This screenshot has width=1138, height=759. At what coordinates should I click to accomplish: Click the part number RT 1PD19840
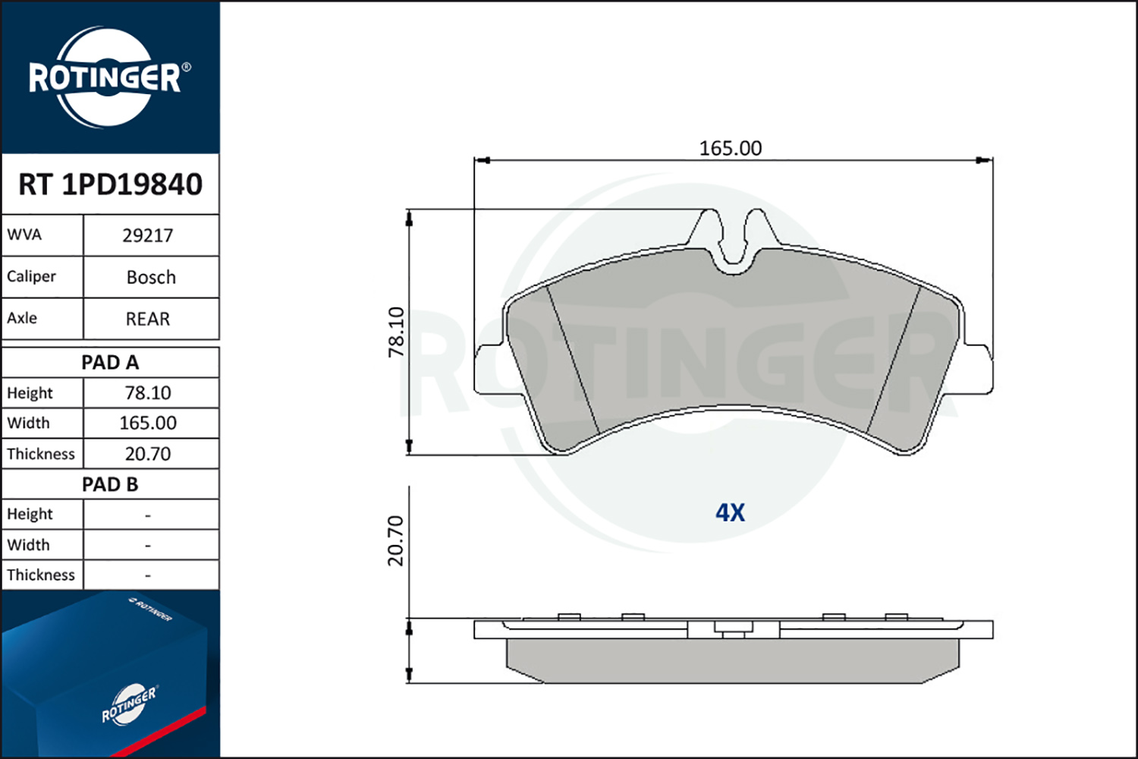pos(110,184)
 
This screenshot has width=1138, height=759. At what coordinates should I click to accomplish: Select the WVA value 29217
pos(148,235)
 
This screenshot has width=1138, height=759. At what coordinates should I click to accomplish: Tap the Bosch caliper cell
pos(151,277)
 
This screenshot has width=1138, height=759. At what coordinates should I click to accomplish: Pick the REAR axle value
pos(148,319)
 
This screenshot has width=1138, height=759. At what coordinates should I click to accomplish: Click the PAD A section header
pos(110,363)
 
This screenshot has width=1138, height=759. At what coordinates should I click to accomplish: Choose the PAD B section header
pos(110,484)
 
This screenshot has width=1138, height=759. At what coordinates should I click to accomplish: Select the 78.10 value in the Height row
pos(148,393)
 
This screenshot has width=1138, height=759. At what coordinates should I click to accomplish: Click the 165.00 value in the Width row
pos(148,423)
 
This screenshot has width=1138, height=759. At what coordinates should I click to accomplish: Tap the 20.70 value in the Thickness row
pos(148,453)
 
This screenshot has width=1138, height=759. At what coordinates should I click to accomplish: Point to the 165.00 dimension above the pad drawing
pos(731,149)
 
